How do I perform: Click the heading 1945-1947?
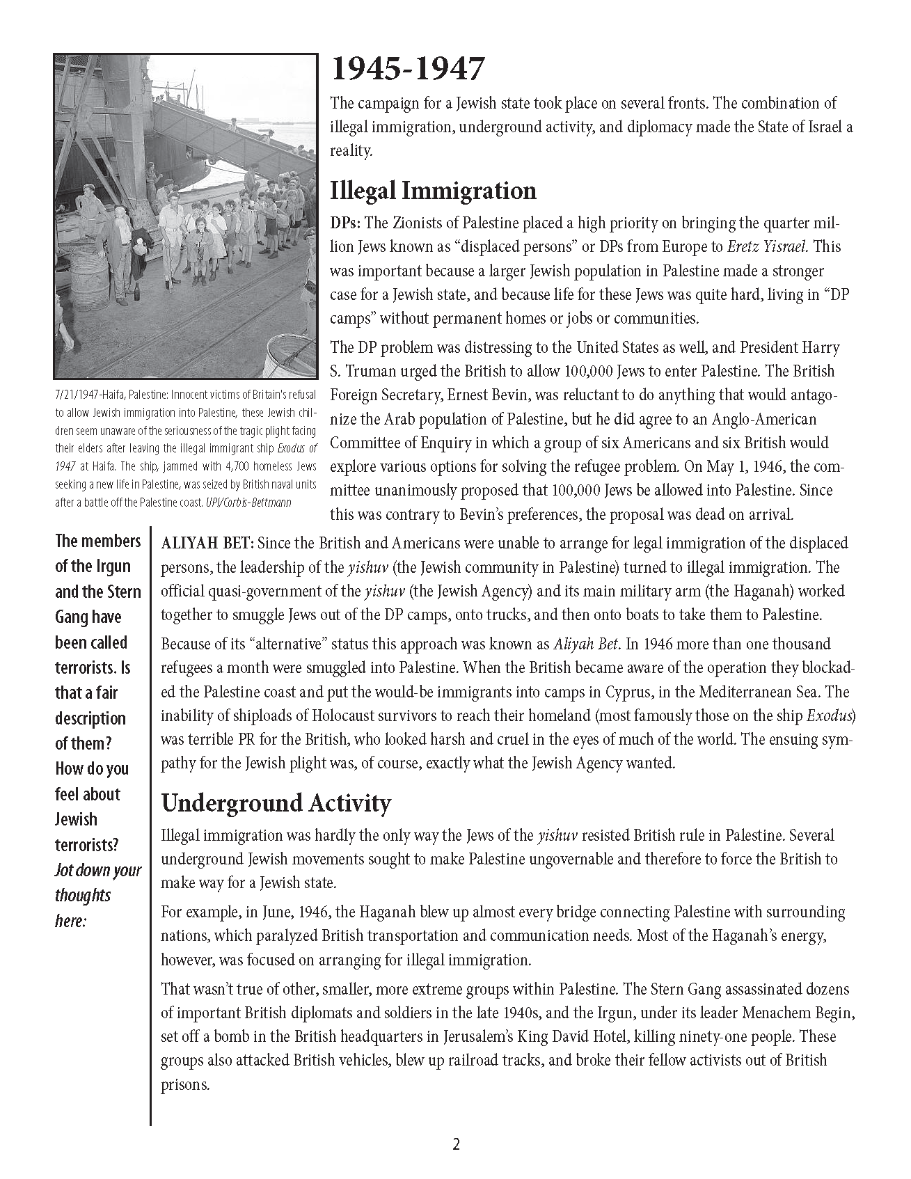(406, 70)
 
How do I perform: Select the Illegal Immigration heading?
(433, 191)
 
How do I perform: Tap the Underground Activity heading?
(276, 802)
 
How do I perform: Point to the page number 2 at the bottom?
(456, 1144)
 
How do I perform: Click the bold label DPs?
(345, 223)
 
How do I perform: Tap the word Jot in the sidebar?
(65, 871)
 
